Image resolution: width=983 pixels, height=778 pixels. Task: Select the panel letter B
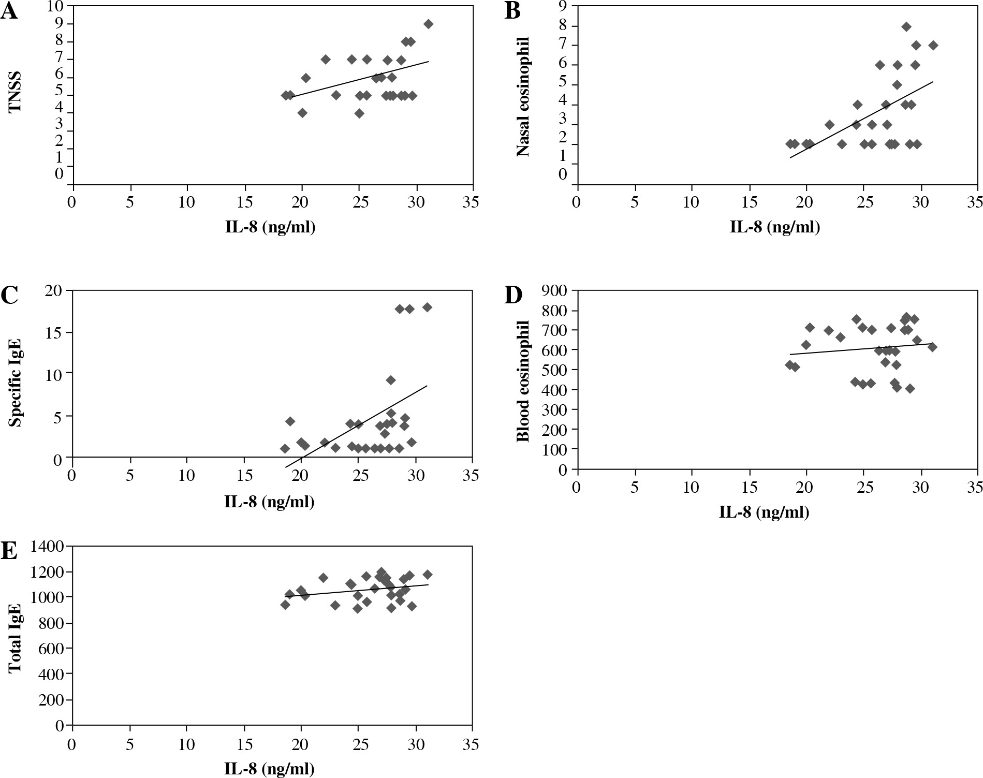click(512, 11)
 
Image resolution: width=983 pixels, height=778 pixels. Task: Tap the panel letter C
click(9, 295)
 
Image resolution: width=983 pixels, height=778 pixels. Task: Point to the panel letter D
click(513, 295)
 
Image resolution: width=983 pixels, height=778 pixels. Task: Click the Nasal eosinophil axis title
click(523, 96)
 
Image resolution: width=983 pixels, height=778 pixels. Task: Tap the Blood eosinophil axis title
click(523, 381)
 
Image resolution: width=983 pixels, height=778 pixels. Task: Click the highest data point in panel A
click(428, 24)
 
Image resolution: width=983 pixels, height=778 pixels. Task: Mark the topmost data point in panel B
click(906, 26)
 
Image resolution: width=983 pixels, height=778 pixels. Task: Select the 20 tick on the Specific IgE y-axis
click(55, 290)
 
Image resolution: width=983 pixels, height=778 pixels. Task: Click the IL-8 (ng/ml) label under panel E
click(269, 769)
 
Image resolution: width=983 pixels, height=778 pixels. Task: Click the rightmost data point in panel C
click(427, 307)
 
